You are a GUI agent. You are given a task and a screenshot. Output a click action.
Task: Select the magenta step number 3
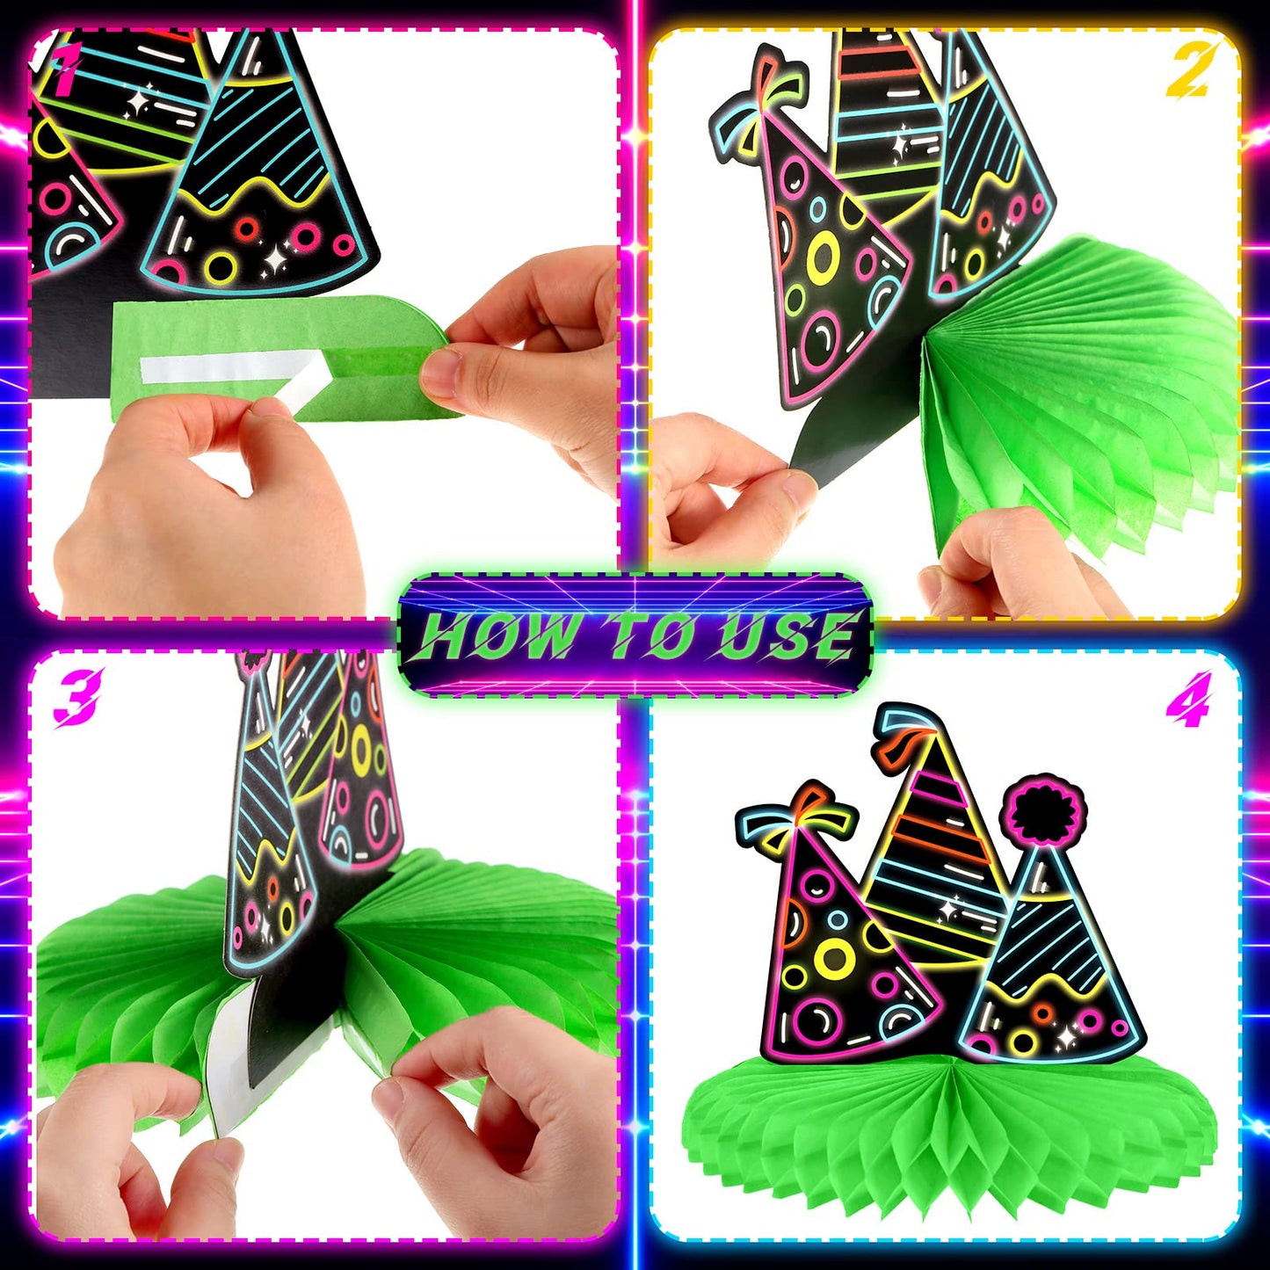click(77, 696)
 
